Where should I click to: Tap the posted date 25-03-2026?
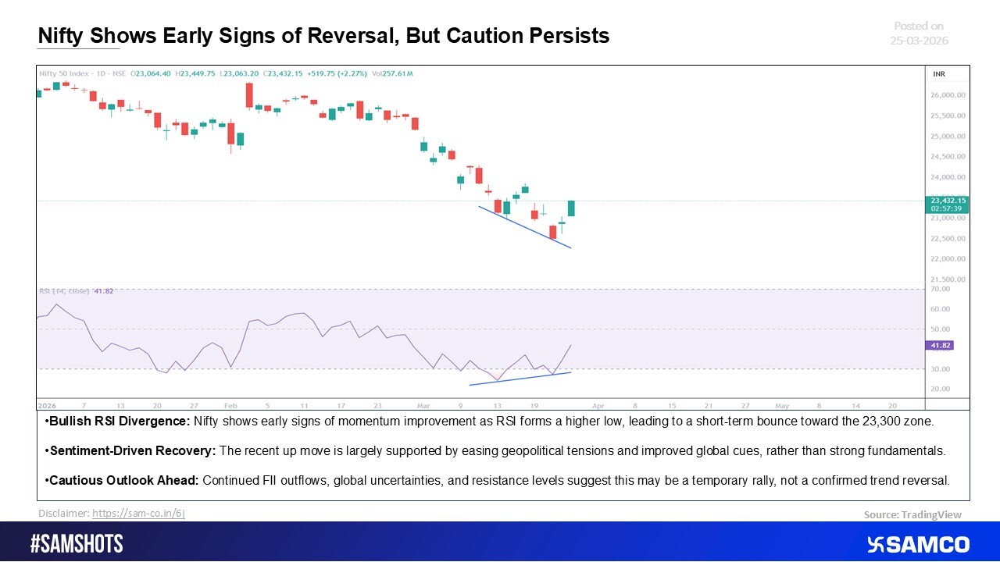coord(919,41)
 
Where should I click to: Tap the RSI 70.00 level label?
coord(940,289)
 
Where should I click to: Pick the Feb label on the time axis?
coord(230,406)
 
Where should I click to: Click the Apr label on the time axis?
coord(598,406)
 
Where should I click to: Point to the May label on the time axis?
coord(782,406)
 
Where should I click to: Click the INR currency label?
coord(939,73)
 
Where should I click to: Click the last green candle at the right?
coord(571,208)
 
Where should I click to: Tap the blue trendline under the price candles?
coord(524,227)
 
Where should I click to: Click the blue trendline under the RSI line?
coord(520,379)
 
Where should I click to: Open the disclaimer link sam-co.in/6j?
coord(138,513)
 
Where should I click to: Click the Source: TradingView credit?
coord(912,514)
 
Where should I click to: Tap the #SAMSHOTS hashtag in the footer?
coord(77,544)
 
